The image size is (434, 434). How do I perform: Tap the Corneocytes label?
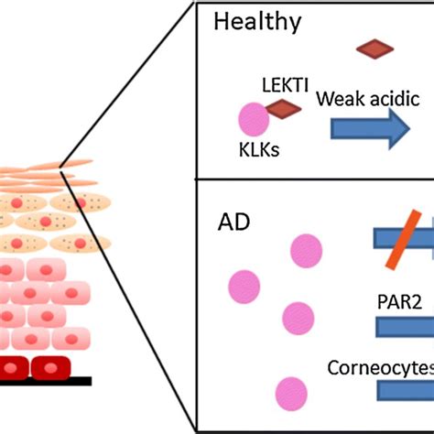click(x=380, y=367)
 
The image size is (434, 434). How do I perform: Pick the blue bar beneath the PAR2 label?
click(x=404, y=327)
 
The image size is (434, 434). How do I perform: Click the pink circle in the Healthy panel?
click(x=254, y=120)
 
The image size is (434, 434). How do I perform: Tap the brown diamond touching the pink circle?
click(x=284, y=111)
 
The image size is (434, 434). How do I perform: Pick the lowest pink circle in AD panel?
click(x=290, y=391)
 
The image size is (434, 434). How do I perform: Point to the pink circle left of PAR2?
click(x=299, y=318)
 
